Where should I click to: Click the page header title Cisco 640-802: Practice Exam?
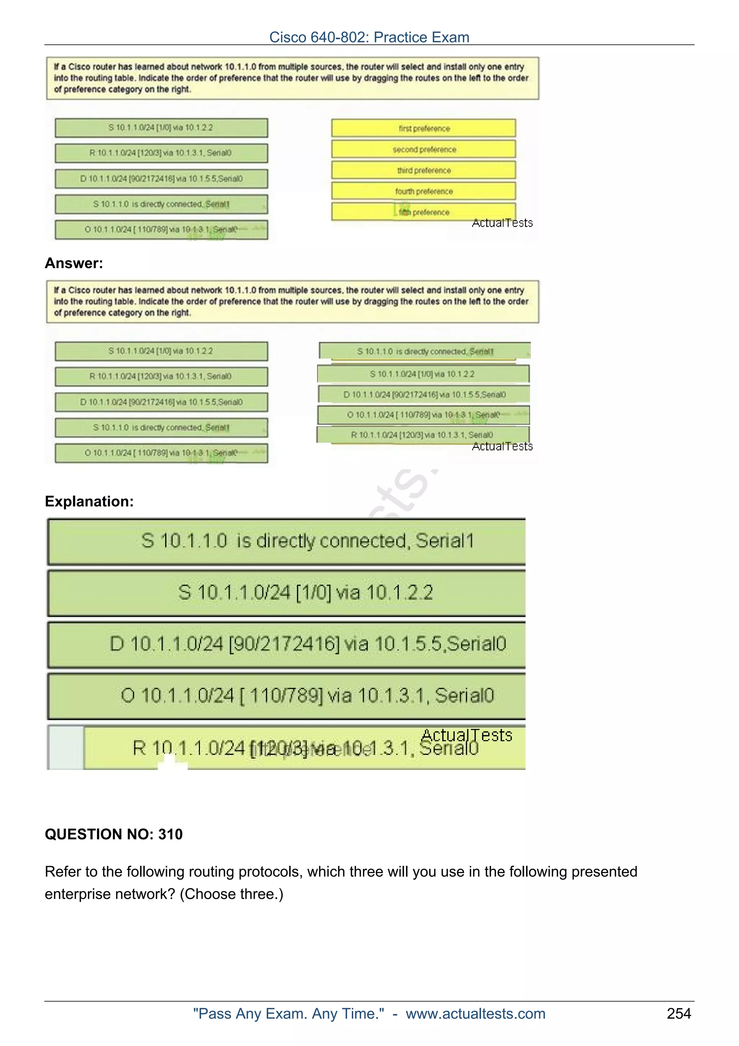pos(369,37)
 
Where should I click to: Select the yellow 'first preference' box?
pos(424,128)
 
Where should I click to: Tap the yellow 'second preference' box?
pos(424,149)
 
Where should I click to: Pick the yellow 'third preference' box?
pos(424,170)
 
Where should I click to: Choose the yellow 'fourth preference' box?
pos(424,191)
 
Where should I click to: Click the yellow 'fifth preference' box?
pos(424,212)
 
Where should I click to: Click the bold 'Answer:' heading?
pos(74,263)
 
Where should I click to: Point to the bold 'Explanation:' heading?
pos(89,502)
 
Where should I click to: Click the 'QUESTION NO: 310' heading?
pos(113,834)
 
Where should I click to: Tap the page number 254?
pos(678,1014)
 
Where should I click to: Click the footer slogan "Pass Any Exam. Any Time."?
pos(288,1014)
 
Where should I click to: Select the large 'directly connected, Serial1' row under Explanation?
pos(287,541)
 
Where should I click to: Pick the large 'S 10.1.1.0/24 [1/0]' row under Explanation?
pos(287,593)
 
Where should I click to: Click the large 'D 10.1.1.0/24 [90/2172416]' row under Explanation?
pos(287,644)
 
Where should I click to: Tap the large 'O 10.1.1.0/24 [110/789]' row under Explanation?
pos(287,696)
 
